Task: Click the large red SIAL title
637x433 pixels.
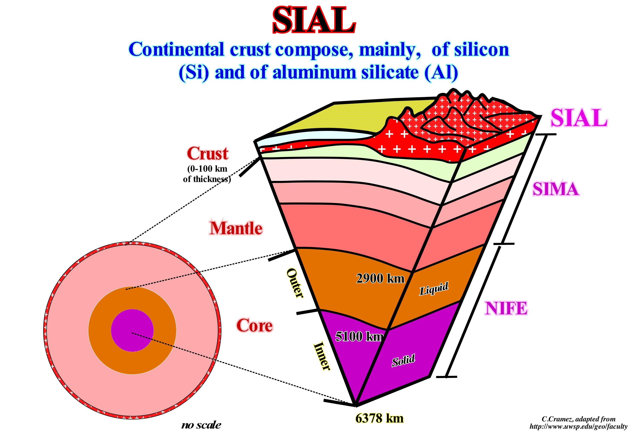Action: coord(314,20)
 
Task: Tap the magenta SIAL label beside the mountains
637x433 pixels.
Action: coord(579,118)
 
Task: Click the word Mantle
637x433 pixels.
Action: coord(236,228)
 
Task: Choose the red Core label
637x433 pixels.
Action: coord(254,325)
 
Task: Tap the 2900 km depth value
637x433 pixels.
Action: coord(380,278)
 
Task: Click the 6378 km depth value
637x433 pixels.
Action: coord(379,418)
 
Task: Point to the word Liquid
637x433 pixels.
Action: coord(434,288)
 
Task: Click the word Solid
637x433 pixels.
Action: coord(403,360)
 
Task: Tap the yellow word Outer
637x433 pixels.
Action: coord(295,283)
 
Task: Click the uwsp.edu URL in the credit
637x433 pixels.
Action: coord(578,426)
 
